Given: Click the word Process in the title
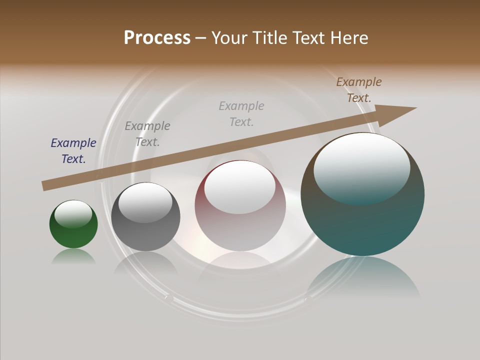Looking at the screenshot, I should point(157,37).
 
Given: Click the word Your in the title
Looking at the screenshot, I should point(229,37).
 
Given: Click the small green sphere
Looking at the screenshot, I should point(73,235).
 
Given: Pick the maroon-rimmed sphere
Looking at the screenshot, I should point(240,230).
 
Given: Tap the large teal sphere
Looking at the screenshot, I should point(362,225).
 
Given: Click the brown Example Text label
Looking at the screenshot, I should point(359,90).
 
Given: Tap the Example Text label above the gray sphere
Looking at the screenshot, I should point(147,134).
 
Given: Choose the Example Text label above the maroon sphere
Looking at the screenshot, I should point(241,113).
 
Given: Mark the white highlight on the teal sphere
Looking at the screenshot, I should point(361,167).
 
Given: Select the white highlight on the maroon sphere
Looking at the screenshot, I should point(239,186).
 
